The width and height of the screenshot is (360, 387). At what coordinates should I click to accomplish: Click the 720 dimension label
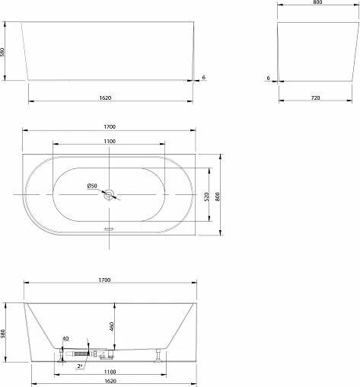[315, 98]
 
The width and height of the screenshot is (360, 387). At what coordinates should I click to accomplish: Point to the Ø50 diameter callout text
[92, 186]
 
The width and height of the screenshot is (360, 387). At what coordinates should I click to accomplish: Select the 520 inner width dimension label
[207, 197]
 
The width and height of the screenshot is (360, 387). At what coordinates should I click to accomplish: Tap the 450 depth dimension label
[112, 327]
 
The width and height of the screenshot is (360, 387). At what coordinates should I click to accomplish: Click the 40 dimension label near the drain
[65, 338]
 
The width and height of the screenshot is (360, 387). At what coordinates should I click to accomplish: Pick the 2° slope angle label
[80, 366]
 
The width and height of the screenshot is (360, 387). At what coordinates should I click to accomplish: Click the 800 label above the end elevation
[317, 2]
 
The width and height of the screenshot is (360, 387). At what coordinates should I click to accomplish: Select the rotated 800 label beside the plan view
[218, 197]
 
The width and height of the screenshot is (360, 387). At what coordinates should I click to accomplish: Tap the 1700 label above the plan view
[110, 126]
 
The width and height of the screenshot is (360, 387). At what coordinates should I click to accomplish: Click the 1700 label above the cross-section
[104, 280]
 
